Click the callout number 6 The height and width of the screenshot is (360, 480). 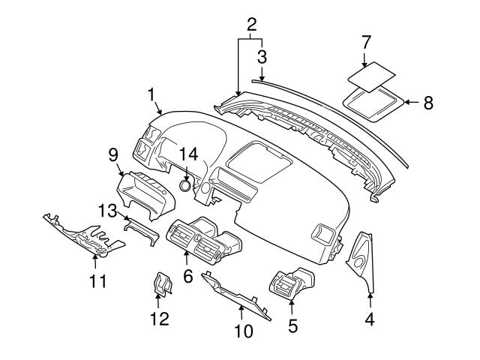tap(187, 275)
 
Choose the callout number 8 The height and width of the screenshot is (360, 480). tap(428, 103)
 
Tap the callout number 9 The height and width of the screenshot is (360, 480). tap(113, 154)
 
